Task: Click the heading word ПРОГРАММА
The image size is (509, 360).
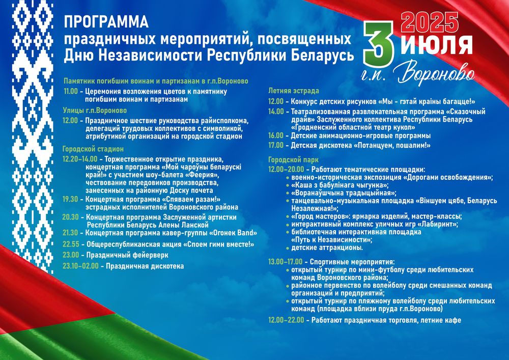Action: coord(106,22)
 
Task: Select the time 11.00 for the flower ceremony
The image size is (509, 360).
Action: coord(71,91)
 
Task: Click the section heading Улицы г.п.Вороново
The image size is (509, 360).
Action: coord(94,109)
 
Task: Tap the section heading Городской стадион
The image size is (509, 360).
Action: coord(93,149)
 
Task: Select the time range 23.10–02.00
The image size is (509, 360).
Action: coord(80,266)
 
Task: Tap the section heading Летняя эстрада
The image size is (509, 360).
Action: coord(294,91)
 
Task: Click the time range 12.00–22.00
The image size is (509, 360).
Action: coord(286,320)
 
